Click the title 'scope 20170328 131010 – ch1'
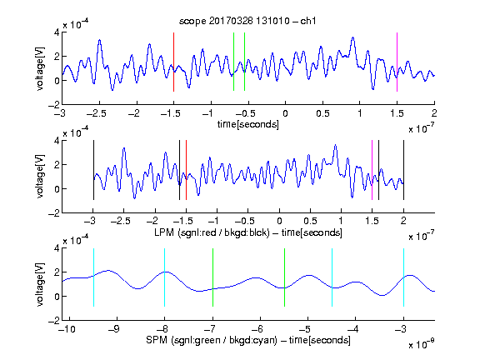247,21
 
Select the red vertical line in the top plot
173,62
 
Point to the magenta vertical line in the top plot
397,62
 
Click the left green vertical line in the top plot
233,62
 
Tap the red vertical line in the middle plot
186,170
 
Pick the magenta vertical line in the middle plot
372,170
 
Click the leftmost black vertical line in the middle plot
93,170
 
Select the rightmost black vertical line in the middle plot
403,170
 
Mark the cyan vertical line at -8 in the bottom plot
165,277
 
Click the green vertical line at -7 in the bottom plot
212,277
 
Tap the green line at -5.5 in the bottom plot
285,277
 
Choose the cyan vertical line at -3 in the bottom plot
403,277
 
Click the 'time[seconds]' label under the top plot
248,124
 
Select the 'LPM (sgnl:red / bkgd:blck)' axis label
212,232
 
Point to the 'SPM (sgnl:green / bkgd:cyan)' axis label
212,340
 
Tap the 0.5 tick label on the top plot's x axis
322,113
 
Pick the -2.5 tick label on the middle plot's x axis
120,221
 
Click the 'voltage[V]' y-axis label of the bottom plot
40,284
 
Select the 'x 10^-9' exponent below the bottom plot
421,344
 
